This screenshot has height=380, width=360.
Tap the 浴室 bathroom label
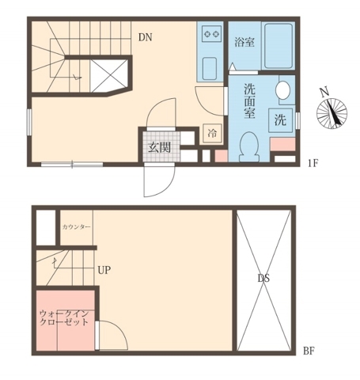(244, 43)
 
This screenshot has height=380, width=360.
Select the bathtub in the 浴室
(277, 47)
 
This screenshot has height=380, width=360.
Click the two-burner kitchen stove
(211, 35)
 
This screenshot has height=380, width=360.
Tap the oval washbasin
(284, 90)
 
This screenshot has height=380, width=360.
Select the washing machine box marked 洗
(280, 121)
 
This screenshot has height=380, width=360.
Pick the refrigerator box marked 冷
(211, 132)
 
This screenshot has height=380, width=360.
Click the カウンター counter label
(76, 227)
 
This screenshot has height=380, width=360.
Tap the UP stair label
(104, 270)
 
